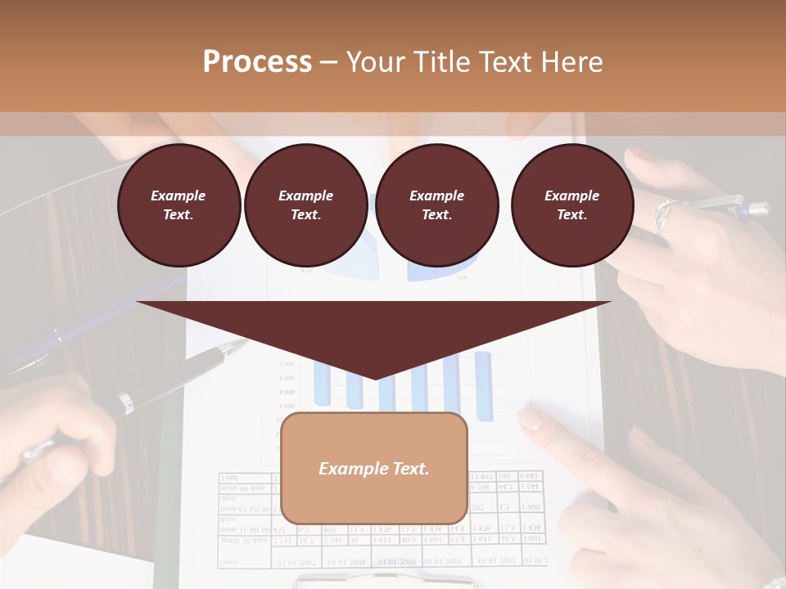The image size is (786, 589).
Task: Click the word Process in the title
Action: point(257,62)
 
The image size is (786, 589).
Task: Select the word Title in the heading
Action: point(440,62)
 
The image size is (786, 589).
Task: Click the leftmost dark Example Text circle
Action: point(178,205)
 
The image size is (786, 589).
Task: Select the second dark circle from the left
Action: point(305,205)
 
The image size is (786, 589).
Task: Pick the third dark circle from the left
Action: point(436,205)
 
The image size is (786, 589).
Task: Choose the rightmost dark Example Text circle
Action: point(571,205)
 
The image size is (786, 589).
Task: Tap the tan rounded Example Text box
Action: point(374,468)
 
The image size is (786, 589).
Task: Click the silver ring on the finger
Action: point(664,214)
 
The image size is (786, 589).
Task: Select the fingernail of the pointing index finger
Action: point(531,420)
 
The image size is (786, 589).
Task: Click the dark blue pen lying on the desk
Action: point(49,344)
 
